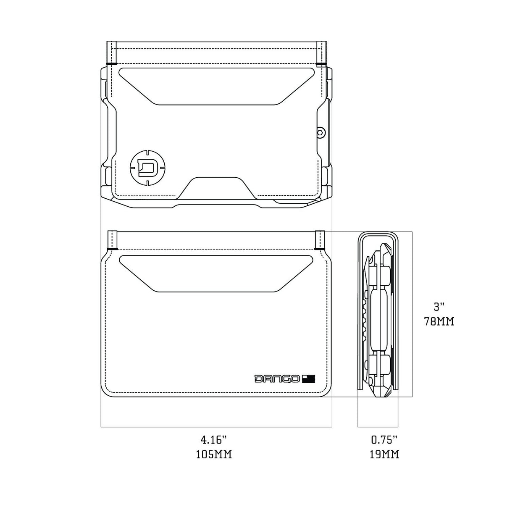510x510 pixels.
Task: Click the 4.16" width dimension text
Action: (x=214, y=440)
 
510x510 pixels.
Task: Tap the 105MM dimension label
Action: (x=214, y=454)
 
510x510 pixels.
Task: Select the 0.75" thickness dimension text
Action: (x=384, y=440)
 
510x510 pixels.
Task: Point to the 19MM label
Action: (x=384, y=454)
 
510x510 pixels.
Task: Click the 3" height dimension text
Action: (x=439, y=307)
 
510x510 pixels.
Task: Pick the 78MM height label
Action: (x=439, y=322)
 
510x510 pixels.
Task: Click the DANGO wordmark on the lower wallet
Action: (x=277, y=379)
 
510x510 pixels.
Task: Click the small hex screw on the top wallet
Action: (x=320, y=132)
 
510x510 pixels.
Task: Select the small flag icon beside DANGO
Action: (x=309, y=379)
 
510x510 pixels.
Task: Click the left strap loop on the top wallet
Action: (x=112, y=53)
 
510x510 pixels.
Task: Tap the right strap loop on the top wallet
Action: (x=321, y=53)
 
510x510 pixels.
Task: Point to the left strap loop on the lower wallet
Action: (x=112, y=240)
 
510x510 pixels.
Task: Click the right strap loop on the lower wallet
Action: (x=320, y=240)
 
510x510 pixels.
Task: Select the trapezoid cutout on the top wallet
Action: (x=217, y=85)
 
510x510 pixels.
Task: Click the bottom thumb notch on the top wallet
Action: (x=217, y=187)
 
